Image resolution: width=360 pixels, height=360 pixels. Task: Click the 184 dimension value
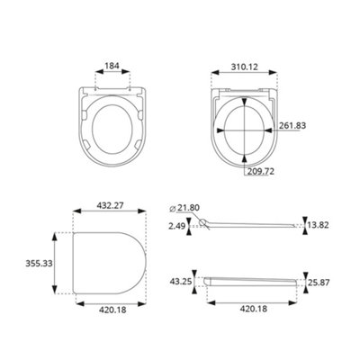tap(112, 66)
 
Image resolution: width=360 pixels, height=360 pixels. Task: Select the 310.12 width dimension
tap(244, 67)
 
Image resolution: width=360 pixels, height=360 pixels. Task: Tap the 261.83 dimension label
tap(292, 125)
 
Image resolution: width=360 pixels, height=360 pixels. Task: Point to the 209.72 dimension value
tap(261, 171)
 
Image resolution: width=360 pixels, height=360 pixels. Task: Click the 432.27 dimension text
tap(110, 205)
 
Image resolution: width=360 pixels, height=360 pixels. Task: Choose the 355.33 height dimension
tap(39, 264)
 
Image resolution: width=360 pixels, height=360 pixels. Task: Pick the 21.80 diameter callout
tap(188, 208)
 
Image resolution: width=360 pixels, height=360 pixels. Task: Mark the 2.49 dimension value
tap(177, 226)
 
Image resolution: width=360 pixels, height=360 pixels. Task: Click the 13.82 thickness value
tap(319, 225)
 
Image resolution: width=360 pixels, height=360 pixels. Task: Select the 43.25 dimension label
tap(180, 282)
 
